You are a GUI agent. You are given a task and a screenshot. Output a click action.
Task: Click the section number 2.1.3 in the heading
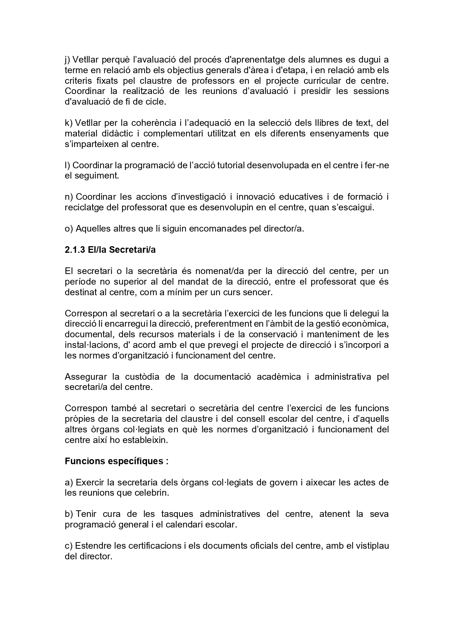75,250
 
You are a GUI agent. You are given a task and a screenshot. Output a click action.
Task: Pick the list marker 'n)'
69,197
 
